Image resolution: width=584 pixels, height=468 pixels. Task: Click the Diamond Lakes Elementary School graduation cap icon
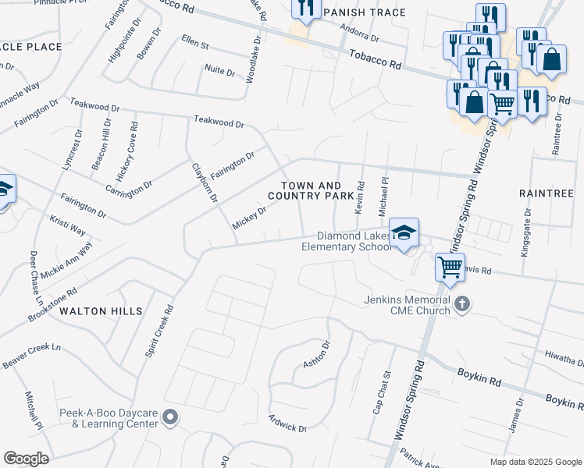coord(404,232)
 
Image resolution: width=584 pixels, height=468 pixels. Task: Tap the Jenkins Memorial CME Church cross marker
coord(462,303)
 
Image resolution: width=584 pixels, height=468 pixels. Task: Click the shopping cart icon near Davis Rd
coord(450,267)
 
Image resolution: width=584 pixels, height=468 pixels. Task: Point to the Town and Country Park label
coord(312,190)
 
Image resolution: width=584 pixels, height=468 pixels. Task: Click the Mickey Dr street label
coord(250,218)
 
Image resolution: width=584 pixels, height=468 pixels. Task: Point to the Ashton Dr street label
coord(316,354)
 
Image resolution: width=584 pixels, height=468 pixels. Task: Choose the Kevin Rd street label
coord(361,198)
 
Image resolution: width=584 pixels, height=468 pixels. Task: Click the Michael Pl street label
coord(383,197)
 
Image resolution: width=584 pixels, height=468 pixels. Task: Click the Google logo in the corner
coord(26,458)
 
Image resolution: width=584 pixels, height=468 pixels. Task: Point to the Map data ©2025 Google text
coord(535,462)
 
